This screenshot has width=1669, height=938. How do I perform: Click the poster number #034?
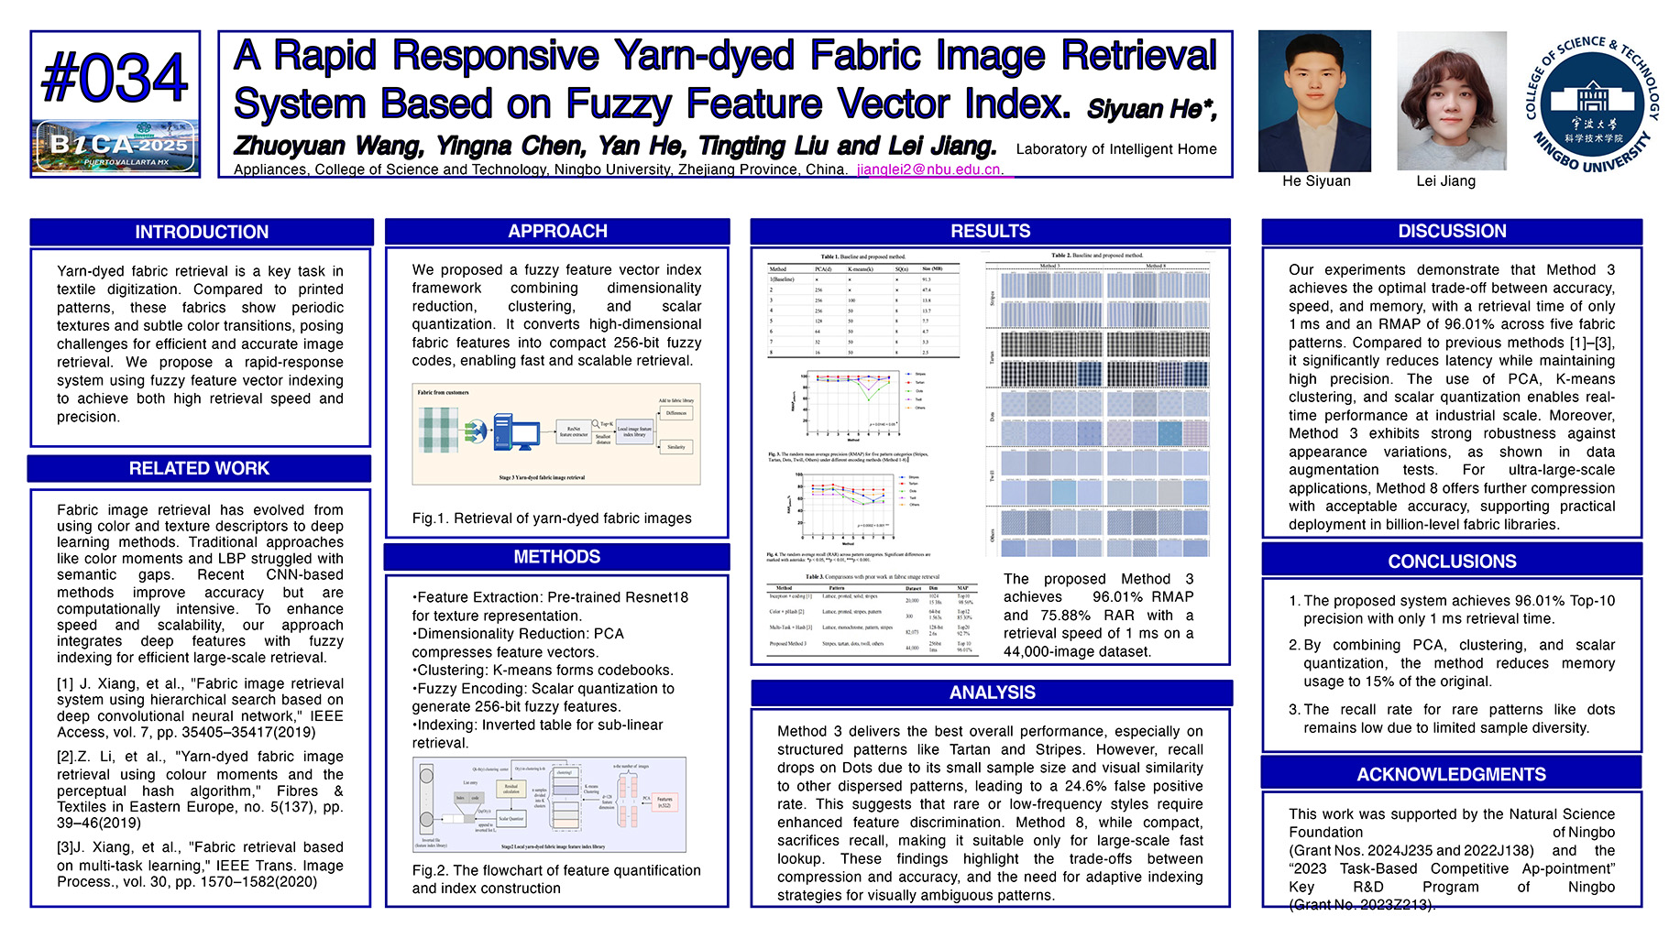[115, 78]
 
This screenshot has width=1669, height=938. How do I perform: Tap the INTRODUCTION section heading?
[202, 232]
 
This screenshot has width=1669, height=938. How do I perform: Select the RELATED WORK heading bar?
[199, 468]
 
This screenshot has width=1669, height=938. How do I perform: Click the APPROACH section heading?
[557, 231]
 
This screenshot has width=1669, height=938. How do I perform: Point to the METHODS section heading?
[556, 557]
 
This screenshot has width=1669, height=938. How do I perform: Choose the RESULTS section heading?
[990, 231]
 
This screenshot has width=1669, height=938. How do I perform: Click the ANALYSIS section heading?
[992, 693]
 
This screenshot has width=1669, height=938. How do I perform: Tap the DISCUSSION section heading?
[1452, 231]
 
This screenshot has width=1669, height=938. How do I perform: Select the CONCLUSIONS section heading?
[1452, 561]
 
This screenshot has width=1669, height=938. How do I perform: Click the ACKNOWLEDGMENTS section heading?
[1451, 774]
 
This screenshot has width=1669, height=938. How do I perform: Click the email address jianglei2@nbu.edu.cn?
[930, 169]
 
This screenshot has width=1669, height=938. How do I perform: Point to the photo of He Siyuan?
[1314, 101]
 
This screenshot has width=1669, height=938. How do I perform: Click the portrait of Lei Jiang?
[1451, 101]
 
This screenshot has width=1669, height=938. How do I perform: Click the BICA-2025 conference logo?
[115, 147]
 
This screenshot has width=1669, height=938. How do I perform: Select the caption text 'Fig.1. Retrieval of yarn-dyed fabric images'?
[552, 518]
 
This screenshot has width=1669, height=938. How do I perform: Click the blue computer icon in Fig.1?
[514, 431]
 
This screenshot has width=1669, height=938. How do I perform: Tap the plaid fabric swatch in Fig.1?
[438, 430]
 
